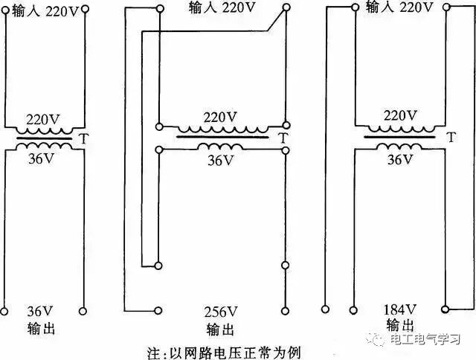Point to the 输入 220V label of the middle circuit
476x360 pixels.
point(220,7)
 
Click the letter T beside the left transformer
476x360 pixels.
point(84,138)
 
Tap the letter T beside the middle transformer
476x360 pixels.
point(280,138)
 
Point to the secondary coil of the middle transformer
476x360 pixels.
point(221,146)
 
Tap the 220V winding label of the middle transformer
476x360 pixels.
point(220,117)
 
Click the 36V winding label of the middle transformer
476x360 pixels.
point(220,160)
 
